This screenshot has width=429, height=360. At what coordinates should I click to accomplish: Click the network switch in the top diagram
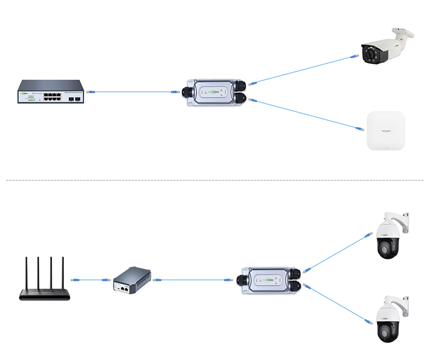tap(51, 92)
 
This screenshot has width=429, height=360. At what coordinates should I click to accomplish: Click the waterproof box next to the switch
tap(214, 92)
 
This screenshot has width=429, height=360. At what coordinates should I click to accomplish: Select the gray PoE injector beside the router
tap(132, 280)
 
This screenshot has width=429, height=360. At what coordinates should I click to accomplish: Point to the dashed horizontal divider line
tap(214, 181)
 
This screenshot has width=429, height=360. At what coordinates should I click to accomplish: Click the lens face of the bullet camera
tap(371, 55)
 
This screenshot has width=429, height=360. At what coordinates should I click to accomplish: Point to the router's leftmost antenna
tap(27, 273)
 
